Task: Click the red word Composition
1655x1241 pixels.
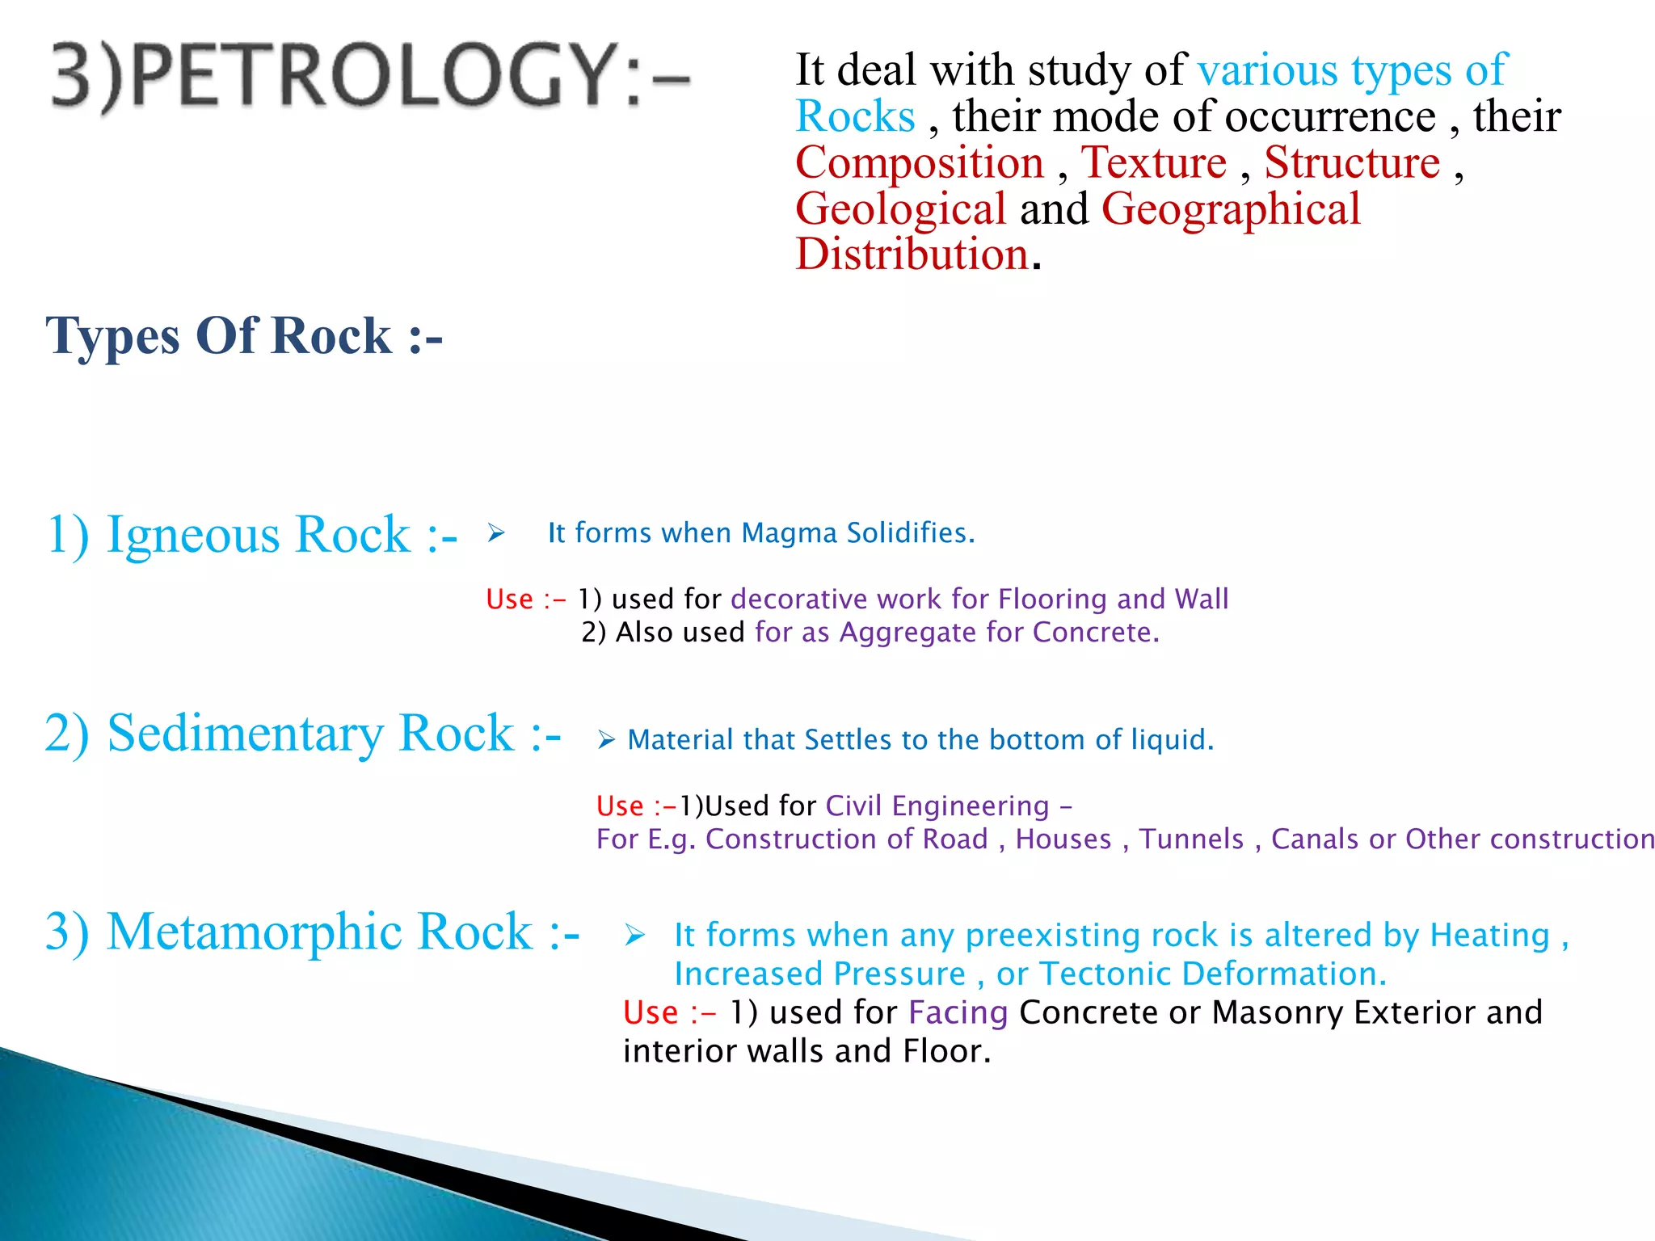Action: point(920,162)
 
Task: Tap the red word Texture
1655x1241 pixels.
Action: point(1154,162)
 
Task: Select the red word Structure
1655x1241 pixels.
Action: point(1352,162)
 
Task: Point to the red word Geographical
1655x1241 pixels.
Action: point(1231,209)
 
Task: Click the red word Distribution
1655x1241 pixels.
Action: point(912,255)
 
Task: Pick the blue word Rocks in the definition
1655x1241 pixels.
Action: point(855,116)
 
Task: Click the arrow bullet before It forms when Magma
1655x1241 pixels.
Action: point(496,533)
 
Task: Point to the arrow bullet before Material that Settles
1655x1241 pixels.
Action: point(607,739)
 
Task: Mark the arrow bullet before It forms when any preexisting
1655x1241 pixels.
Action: point(635,936)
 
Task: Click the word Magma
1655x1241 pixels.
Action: point(789,533)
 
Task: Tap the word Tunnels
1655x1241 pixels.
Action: point(1191,839)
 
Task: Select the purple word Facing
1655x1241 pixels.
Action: point(958,1012)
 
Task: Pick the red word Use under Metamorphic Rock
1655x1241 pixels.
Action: point(651,1013)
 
